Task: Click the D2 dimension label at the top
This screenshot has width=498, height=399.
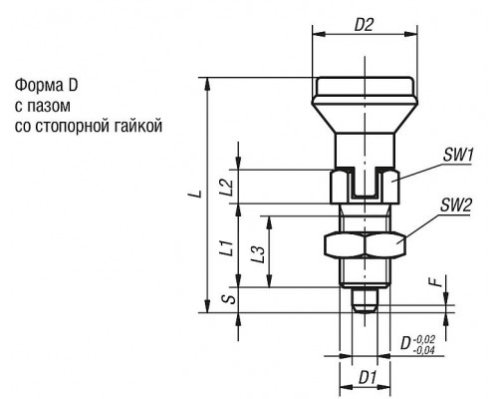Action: [364, 25]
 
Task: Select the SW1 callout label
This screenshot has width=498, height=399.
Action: [458, 156]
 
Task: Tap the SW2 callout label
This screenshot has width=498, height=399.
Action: [455, 206]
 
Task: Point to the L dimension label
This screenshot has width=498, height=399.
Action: [198, 194]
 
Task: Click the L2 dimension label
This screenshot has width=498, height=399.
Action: [228, 188]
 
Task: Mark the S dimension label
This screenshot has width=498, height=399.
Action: [229, 299]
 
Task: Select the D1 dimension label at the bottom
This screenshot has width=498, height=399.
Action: [368, 378]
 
